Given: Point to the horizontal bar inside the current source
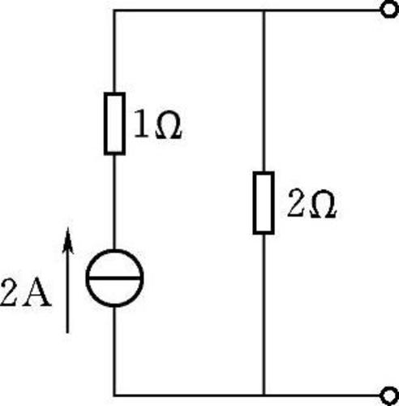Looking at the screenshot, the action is point(114,278).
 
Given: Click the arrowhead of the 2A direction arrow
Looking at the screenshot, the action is point(68,240).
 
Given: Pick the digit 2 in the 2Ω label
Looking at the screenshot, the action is point(297,203).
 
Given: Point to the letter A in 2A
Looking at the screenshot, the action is point(37,292).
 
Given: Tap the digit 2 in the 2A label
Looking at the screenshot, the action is point(10,292).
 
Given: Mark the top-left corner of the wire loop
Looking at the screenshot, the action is point(114,11).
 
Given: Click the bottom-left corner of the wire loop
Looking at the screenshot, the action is point(114,395).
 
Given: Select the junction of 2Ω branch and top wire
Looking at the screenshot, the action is point(264,11).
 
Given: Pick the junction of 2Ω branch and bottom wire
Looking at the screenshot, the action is point(264,395).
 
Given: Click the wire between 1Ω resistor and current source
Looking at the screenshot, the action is point(114,202).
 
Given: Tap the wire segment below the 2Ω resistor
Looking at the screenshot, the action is point(264,315).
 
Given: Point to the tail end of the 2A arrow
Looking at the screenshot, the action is point(67,332).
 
